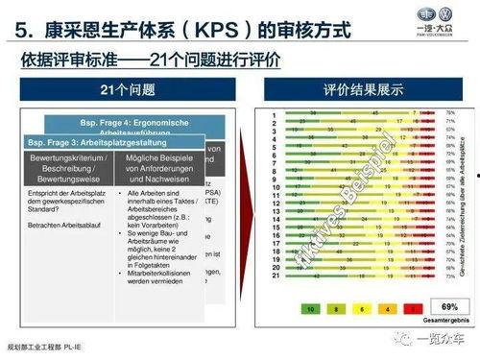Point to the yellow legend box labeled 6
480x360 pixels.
tap(361, 309)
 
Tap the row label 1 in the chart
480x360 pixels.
tap(274, 112)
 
